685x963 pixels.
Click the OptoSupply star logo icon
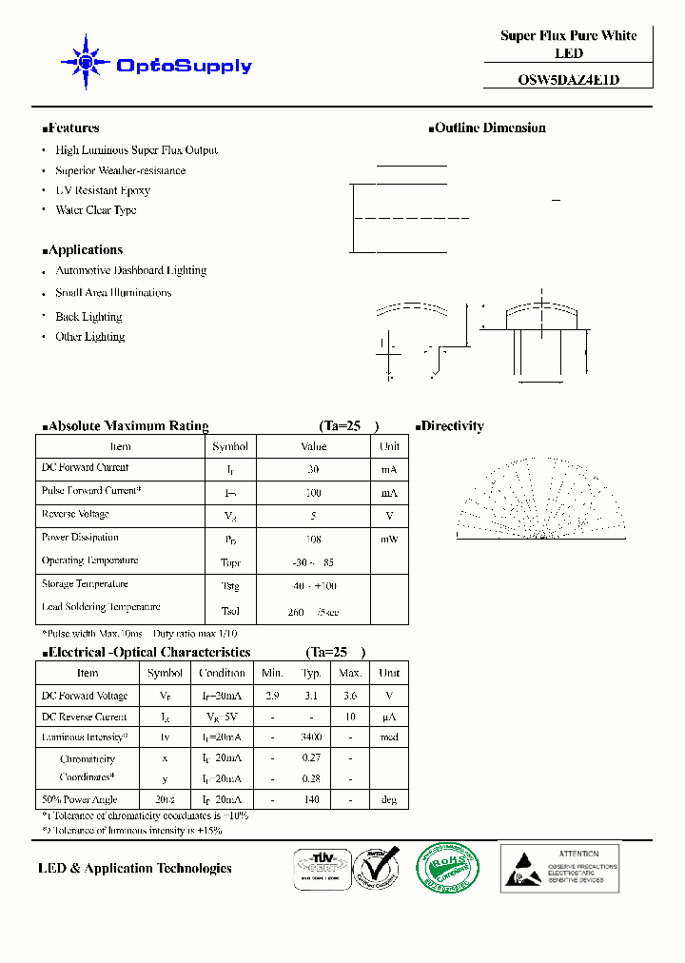click(86, 64)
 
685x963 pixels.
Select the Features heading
click(71, 128)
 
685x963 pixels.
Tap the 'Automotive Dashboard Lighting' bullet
click(130, 270)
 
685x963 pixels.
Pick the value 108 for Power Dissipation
click(313, 539)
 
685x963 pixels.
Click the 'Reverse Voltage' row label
click(75, 514)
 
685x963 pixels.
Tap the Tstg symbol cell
click(230, 586)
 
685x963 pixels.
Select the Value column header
click(313, 446)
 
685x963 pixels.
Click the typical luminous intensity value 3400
click(310, 737)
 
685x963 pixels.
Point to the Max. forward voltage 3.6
click(350, 697)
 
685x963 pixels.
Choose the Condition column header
click(221, 673)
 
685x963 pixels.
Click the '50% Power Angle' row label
click(80, 798)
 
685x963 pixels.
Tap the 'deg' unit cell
click(389, 799)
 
